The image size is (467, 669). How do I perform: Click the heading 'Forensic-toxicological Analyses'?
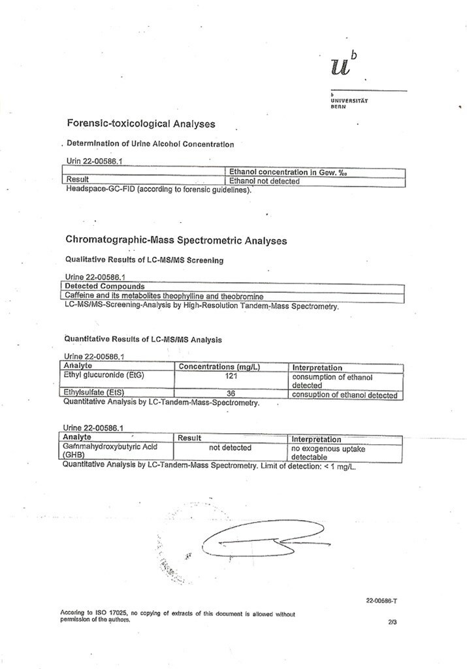[141, 123]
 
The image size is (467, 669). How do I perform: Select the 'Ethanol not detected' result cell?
[264, 181]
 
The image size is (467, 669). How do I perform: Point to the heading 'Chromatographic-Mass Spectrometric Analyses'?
[176, 240]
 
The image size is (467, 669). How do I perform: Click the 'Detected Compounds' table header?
[105, 286]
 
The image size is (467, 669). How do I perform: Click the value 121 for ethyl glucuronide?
[233, 376]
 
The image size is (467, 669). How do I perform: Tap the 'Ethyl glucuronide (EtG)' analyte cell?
[103, 376]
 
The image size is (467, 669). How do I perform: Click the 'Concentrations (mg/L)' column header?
[219, 367]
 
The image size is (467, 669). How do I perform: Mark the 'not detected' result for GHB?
[230, 448]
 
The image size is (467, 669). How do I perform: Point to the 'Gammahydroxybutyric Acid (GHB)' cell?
[108, 451]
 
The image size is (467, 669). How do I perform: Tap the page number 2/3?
[392, 622]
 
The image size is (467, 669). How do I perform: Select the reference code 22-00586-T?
[382, 601]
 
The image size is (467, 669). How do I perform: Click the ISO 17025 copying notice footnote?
[176, 616]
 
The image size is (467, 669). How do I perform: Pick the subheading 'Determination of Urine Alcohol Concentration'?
[150, 144]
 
